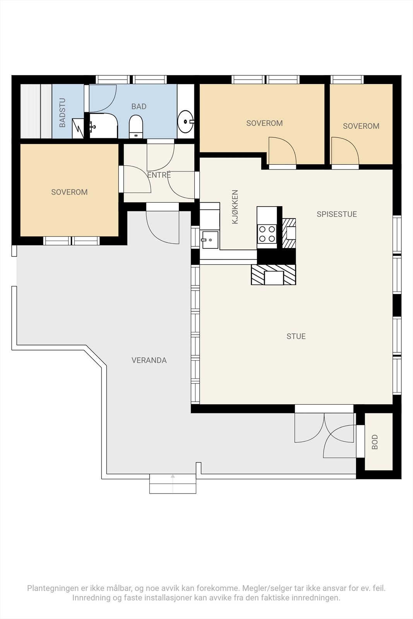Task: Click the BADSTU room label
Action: pyautogui.click(x=62, y=113)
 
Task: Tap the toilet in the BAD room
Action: pyautogui.click(x=136, y=127)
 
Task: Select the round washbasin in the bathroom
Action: pyautogui.click(x=185, y=121)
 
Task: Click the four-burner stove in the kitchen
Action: pyautogui.click(x=267, y=234)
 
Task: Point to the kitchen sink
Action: pyautogui.click(x=210, y=239)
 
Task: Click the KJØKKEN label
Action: pyautogui.click(x=235, y=207)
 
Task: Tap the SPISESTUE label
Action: pyautogui.click(x=337, y=214)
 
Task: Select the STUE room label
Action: pyautogui.click(x=296, y=336)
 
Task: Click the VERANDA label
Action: pyautogui.click(x=149, y=360)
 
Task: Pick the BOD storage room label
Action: pyautogui.click(x=375, y=442)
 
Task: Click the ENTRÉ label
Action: pyautogui.click(x=159, y=174)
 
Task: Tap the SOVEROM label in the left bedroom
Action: pyautogui.click(x=69, y=192)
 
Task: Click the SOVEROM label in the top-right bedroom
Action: pyautogui.click(x=361, y=126)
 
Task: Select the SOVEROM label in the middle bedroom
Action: pyautogui.click(x=264, y=123)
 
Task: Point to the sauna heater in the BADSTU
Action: pyautogui.click(x=78, y=128)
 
